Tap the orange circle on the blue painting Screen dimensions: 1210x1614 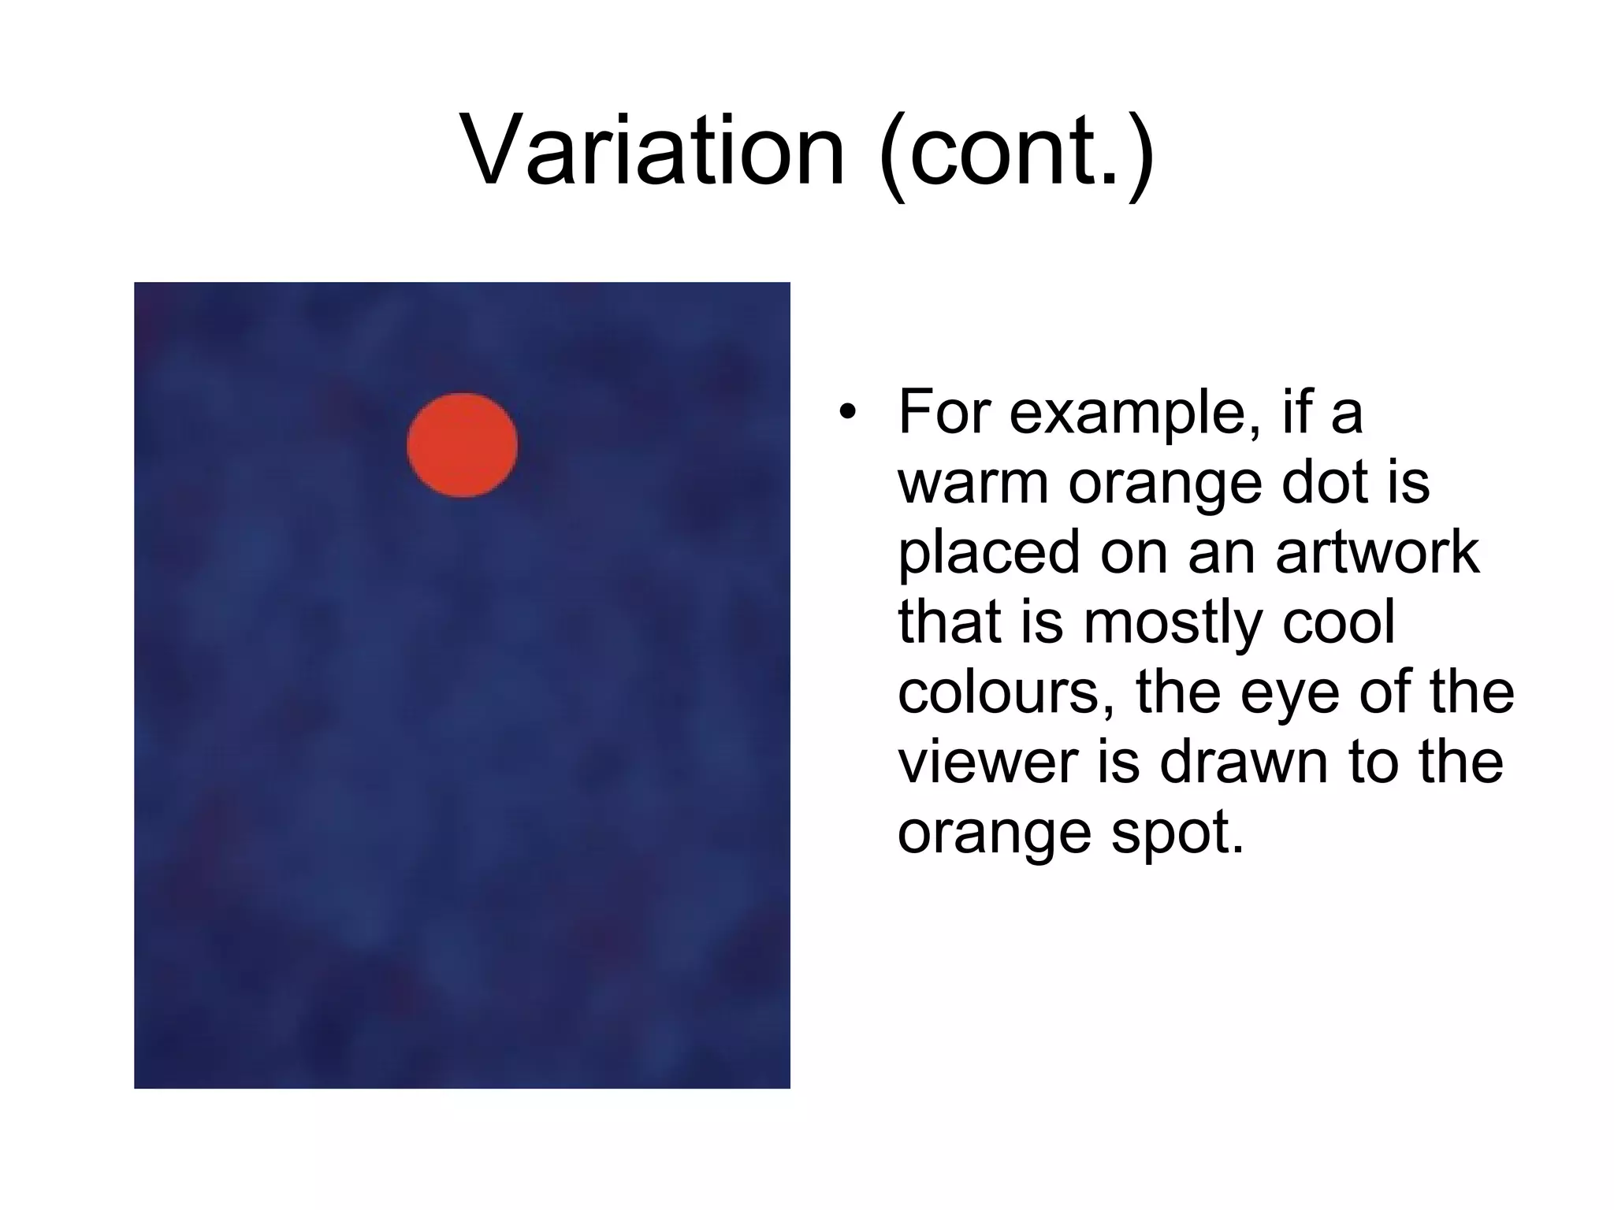click(463, 445)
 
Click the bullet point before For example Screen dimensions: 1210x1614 click(846, 412)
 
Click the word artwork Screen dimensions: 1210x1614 click(1377, 552)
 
